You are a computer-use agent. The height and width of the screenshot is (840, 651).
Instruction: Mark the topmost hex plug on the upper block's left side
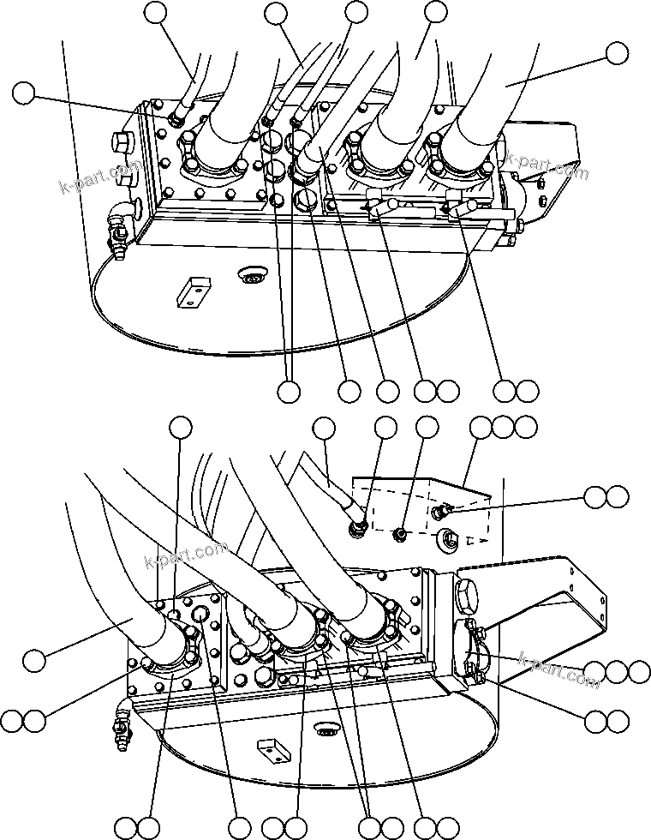click(122, 141)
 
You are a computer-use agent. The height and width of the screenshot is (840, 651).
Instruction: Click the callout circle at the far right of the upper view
click(617, 52)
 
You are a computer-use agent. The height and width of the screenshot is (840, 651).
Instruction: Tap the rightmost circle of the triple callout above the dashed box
click(525, 426)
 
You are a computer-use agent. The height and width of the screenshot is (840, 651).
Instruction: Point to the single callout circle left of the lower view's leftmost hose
click(34, 660)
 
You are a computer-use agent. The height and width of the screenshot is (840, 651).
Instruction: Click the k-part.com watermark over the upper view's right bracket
click(547, 168)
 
